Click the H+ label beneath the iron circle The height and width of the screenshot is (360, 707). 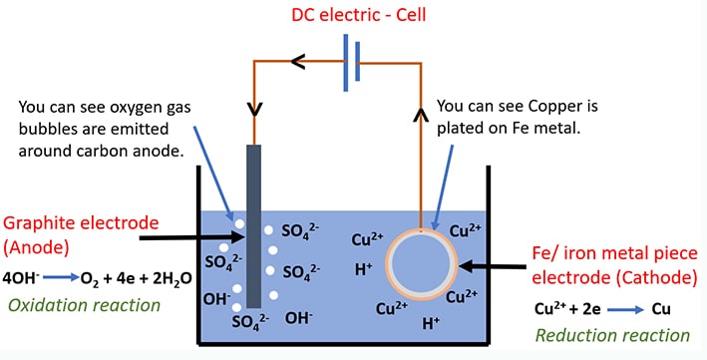click(x=431, y=323)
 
